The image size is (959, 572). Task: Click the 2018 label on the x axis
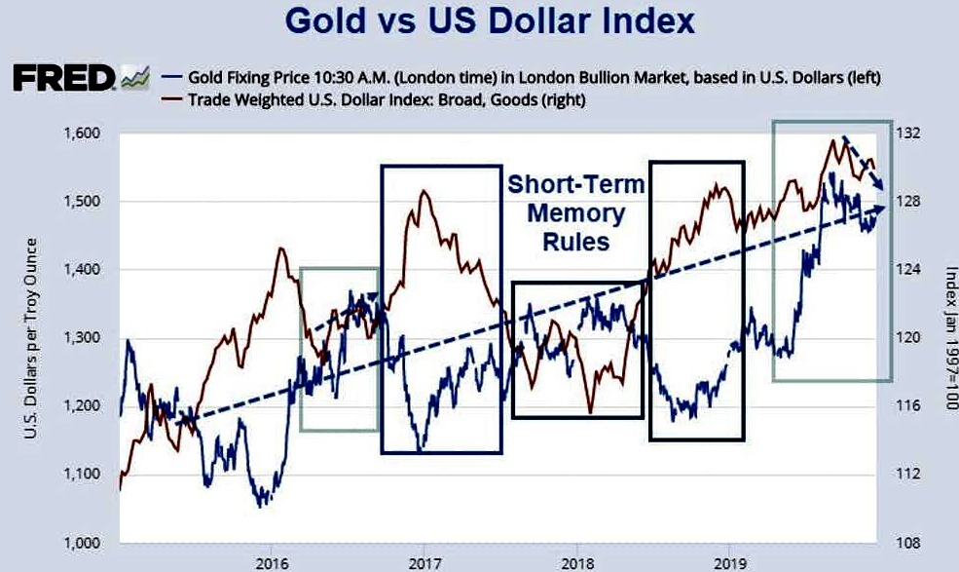(577, 562)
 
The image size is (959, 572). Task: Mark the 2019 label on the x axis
(730, 562)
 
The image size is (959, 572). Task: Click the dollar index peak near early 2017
(424, 192)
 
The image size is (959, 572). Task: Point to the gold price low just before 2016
(260, 505)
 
